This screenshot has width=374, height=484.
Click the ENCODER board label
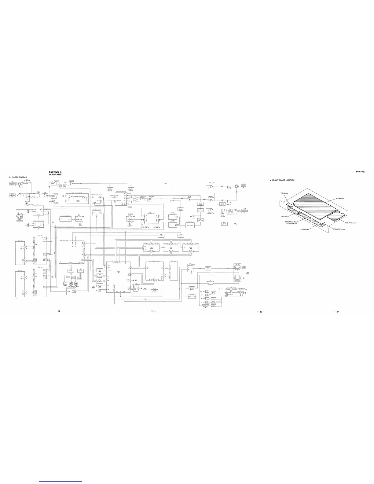[339, 229]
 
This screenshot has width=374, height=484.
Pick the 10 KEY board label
[304, 229]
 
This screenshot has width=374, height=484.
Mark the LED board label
[285, 216]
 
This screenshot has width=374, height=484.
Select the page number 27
[338, 311]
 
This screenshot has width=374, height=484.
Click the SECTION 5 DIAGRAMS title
[55, 173]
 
